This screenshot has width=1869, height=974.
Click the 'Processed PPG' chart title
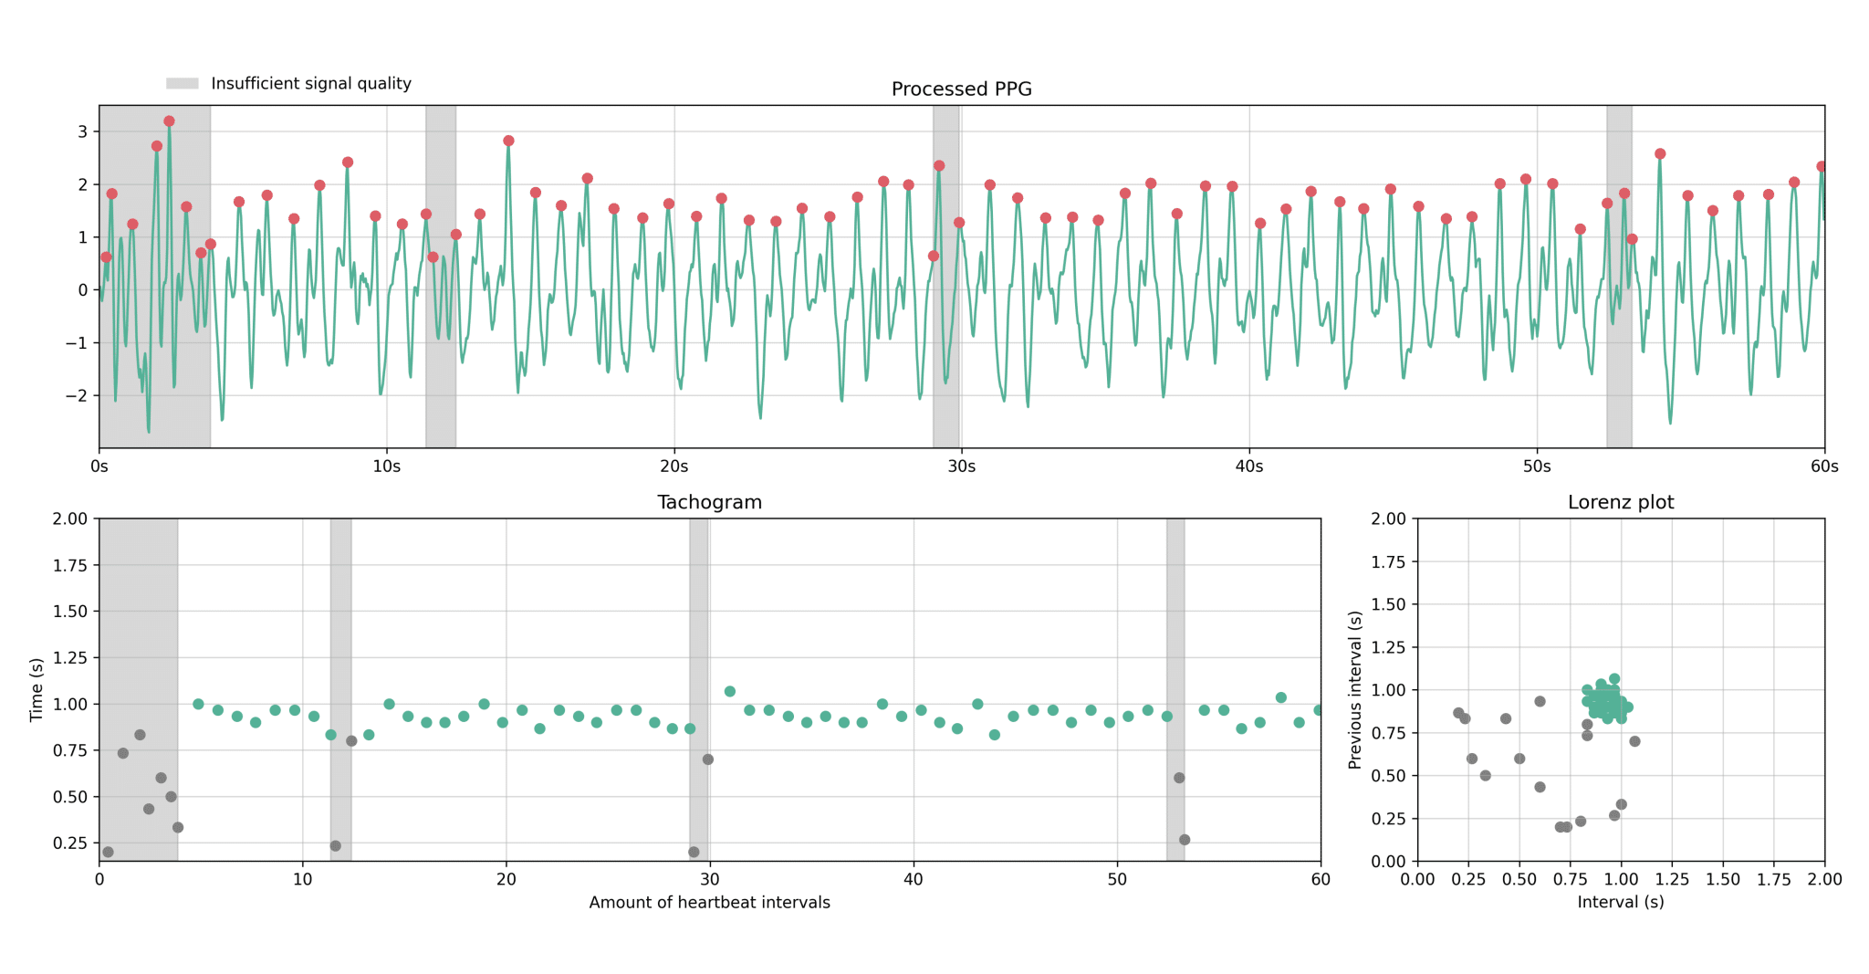(x=961, y=89)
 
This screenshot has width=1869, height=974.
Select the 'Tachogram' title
(x=709, y=502)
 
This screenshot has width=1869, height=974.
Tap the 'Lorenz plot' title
(x=1620, y=502)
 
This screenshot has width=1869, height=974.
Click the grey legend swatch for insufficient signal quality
(x=182, y=84)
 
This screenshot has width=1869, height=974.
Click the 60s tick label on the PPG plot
(x=1823, y=466)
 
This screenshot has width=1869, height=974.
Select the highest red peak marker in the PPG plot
(x=169, y=121)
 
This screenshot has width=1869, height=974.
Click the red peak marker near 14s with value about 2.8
(x=508, y=141)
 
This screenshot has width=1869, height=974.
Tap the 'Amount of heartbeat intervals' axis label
(x=709, y=903)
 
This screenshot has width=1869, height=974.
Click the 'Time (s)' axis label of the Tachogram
(x=37, y=689)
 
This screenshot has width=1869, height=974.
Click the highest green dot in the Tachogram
(x=730, y=691)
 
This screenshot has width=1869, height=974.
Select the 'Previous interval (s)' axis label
(x=1355, y=689)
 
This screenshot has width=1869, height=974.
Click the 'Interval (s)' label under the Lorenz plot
(x=1620, y=902)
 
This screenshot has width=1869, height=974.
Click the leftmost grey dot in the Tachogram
(x=108, y=852)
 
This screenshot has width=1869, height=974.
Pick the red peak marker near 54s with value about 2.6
(x=1660, y=154)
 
